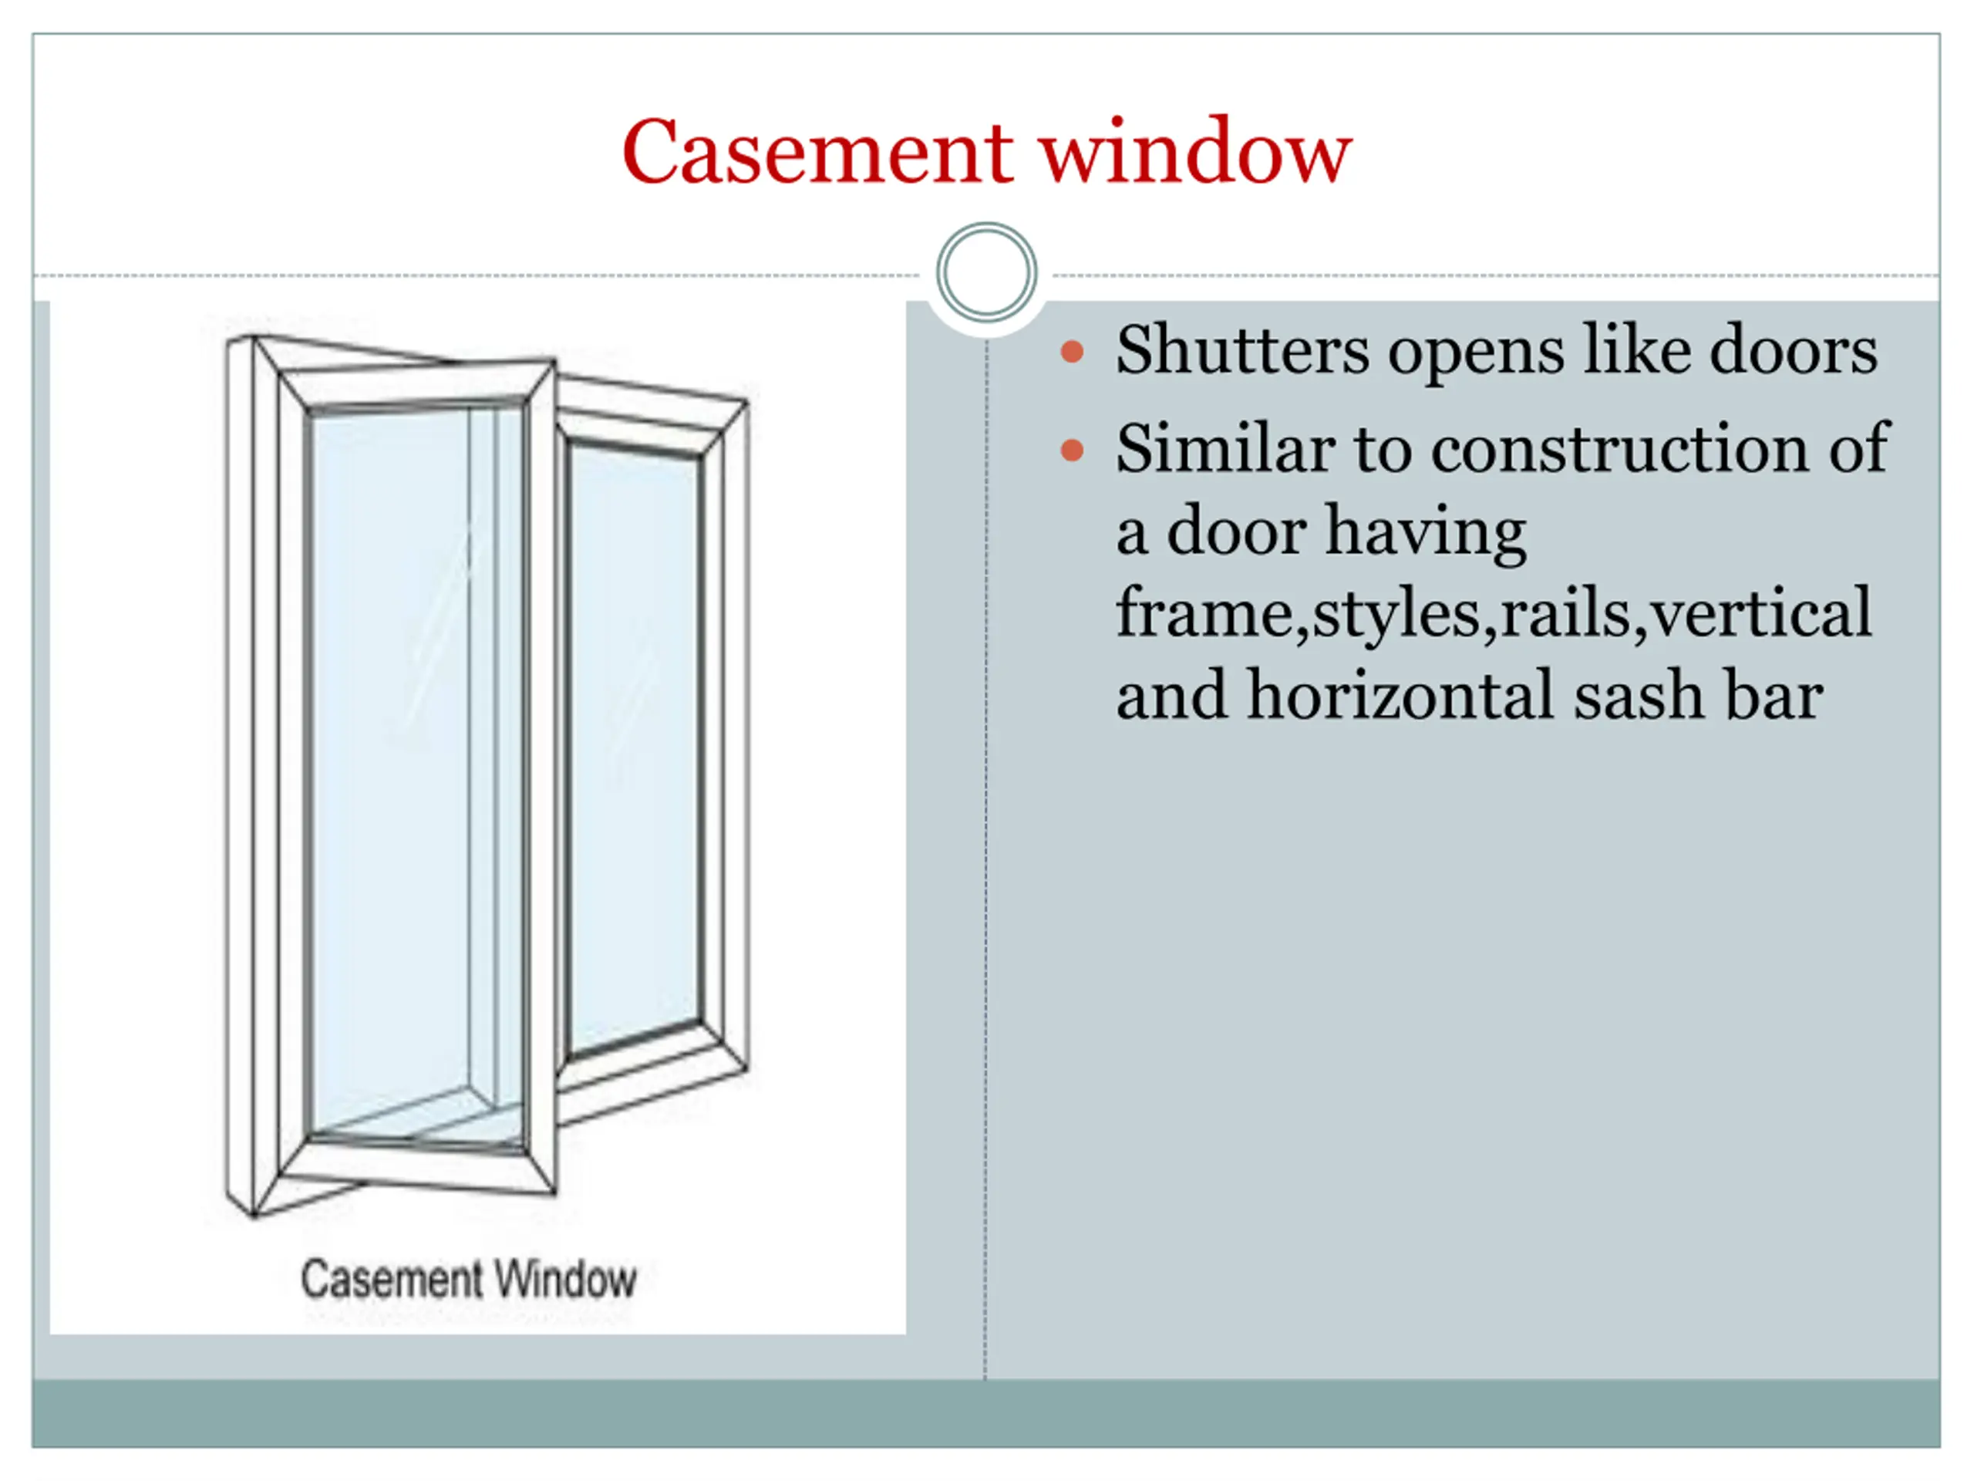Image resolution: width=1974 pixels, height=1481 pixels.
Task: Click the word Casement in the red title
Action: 817,153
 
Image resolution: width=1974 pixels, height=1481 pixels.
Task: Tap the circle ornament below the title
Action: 986,272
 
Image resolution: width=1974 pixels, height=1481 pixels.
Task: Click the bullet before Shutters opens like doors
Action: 1072,352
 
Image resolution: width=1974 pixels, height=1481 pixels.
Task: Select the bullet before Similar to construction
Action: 1072,450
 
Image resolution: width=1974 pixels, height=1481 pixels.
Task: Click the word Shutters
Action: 1241,350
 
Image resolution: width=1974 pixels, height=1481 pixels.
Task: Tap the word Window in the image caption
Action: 565,1279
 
